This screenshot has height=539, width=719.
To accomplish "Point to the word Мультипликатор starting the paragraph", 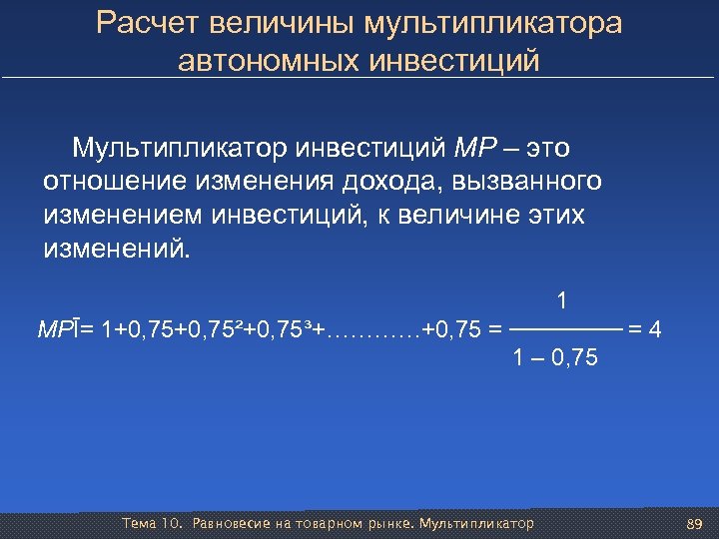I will click(179, 150).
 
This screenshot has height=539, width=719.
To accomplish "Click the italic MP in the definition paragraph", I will click(473, 150).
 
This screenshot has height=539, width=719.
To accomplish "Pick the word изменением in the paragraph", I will click(119, 215).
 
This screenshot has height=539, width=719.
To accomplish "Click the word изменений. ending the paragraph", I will click(115, 248).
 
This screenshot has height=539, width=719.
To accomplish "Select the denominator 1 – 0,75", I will click(555, 356).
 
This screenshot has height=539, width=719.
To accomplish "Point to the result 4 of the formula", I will click(653, 327).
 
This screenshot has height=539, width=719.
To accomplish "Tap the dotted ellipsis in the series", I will click(374, 328).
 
